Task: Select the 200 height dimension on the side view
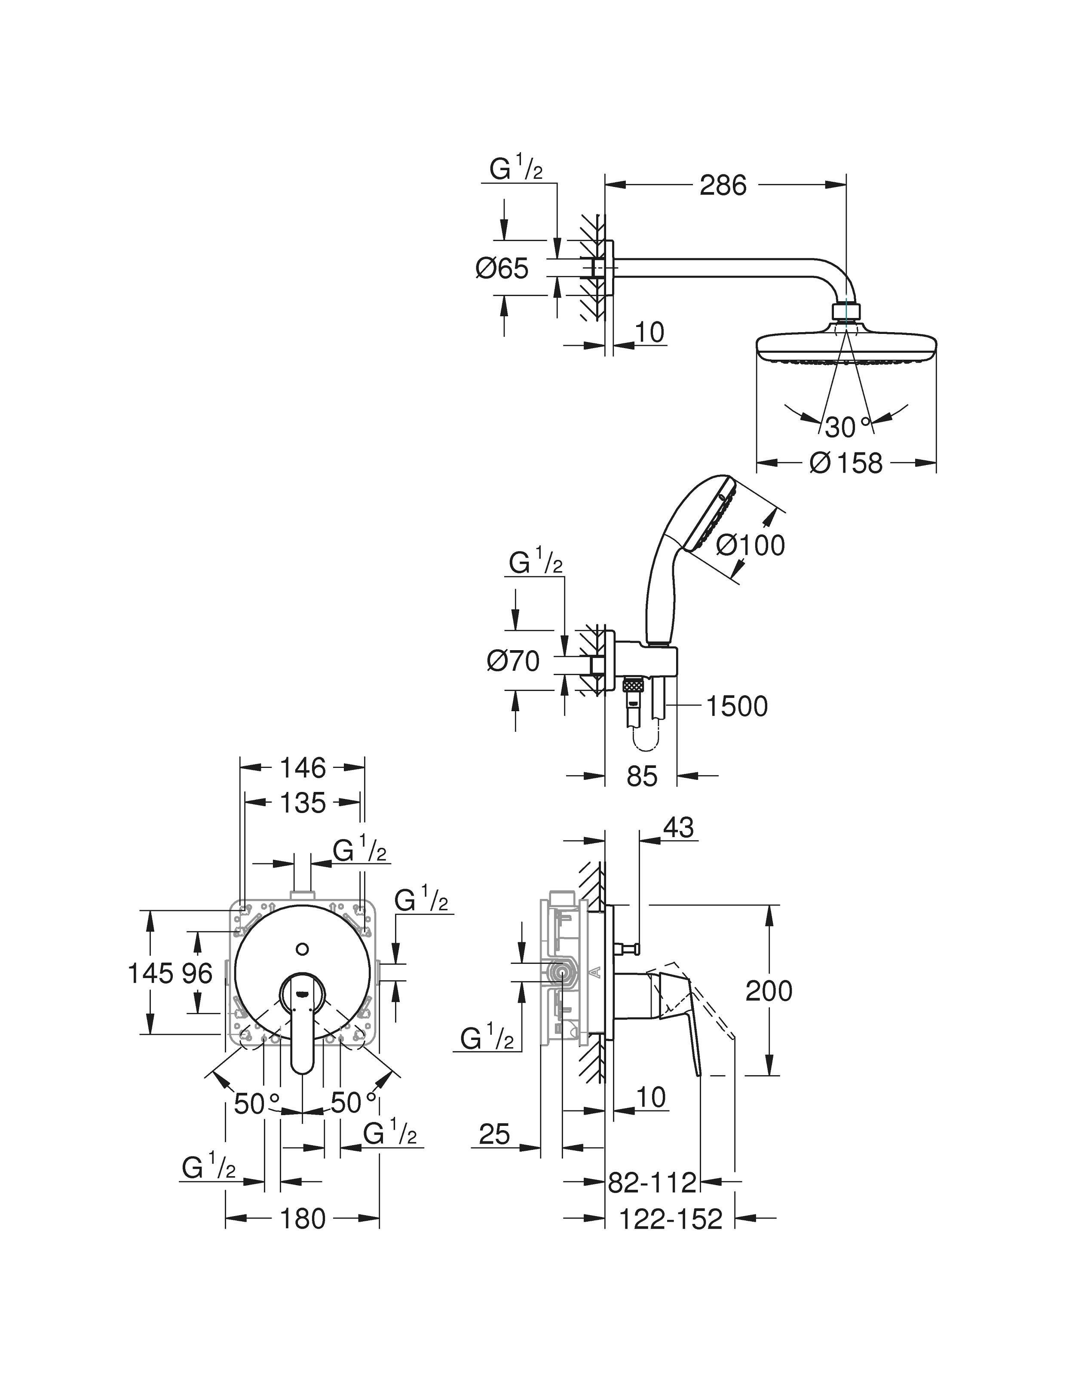point(769,991)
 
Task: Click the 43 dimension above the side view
point(678,828)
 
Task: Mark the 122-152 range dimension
point(670,1219)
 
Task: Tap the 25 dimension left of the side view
point(494,1134)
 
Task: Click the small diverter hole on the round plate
point(303,950)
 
